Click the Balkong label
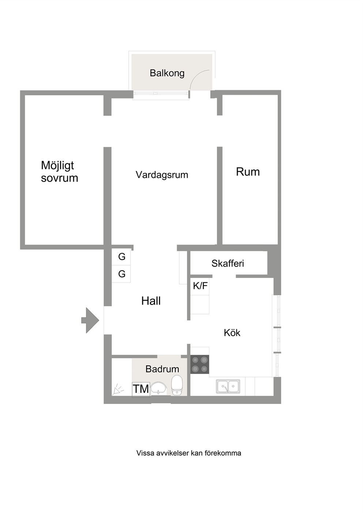point(167,73)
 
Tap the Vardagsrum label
point(162,175)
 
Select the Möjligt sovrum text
point(59,171)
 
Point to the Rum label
point(248,172)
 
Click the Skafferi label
point(228,263)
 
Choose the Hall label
point(151,301)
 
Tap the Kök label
point(232,333)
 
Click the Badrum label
point(162,369)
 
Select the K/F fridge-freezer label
point(200,286)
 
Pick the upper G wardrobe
point(121,257)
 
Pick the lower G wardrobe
point(121,274)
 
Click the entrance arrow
point(90,320)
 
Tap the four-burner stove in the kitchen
point(199,365)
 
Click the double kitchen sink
point(228,387)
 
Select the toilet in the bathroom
point(177,385)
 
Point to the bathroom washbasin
point(158,388)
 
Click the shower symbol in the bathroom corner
point(118,389)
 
